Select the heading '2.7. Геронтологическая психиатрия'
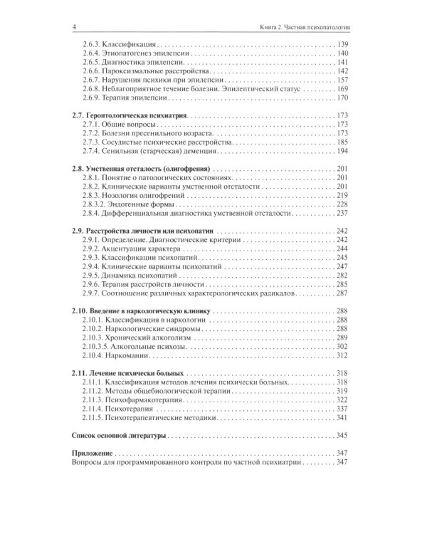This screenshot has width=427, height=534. tap(130, 115)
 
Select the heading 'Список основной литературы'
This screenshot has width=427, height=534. tap(119, 435)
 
